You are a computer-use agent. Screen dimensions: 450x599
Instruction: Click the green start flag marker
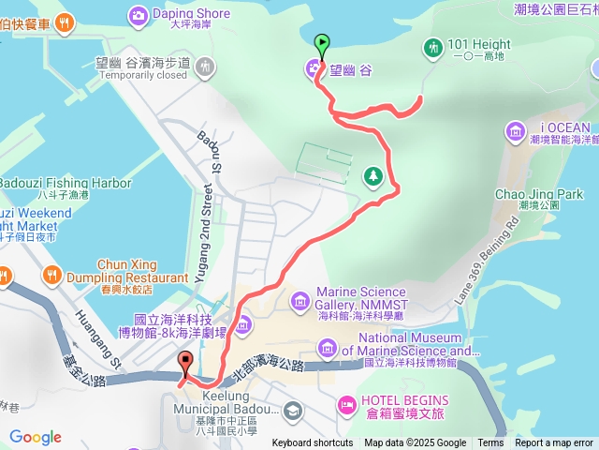[x=322, y=43]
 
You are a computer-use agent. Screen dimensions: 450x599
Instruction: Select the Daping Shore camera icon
[x=139, y=14]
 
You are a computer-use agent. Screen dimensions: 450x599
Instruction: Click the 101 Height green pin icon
[x=432, y=46]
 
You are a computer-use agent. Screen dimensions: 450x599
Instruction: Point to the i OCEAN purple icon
[x=514, y=130]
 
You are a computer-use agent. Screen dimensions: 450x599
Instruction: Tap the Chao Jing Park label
[x=538, y=194]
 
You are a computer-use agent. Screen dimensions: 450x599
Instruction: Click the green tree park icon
[x=373, y=175]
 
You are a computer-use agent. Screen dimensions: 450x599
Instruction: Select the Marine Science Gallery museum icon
[x=299, y=300]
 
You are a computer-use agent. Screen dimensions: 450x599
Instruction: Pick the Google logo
[x=36, y=437]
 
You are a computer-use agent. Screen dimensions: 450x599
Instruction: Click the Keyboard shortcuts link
[x=313, y=443]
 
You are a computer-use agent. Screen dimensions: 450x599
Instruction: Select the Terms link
[x=490, y=443]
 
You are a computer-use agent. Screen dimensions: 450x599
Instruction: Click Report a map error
[x=554, y=443]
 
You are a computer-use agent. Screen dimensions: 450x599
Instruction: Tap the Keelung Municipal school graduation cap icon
[x=292, y=411]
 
